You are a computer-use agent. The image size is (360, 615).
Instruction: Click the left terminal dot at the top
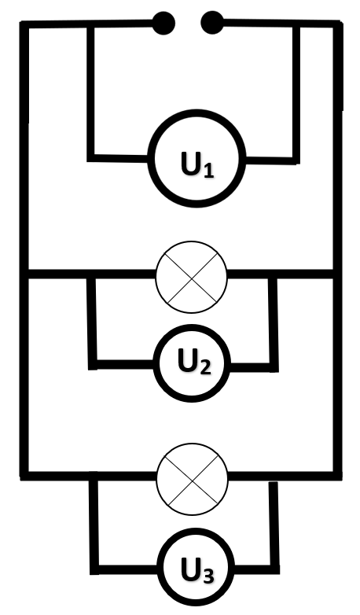[163, 24]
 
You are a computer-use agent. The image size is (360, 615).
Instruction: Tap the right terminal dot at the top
[212, 22]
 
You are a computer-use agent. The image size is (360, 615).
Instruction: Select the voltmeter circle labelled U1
[197, 158]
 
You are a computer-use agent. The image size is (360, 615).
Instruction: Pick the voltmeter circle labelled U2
[192, 363]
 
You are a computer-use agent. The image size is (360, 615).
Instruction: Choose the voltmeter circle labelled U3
[196, 567]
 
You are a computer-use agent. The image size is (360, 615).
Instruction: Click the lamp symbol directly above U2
[191, 277]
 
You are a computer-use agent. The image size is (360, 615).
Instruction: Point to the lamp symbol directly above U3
[192, 479]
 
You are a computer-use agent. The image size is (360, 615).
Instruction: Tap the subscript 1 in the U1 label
[208, 171]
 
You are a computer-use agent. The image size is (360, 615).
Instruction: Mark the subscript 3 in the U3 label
[208, 576]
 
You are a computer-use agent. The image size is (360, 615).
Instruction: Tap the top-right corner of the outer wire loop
[338, 24]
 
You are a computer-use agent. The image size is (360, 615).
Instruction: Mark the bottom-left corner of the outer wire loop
[24, 476]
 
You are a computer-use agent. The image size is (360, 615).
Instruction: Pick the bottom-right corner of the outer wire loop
[338, 476]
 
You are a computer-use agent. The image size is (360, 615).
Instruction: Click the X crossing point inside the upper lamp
[191, 278]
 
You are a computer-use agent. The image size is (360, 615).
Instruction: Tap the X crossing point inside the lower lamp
[192, 479]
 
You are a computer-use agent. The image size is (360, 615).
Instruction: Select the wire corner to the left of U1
[91, 157]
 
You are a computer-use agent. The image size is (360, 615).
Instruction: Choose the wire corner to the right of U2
[274, 367]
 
